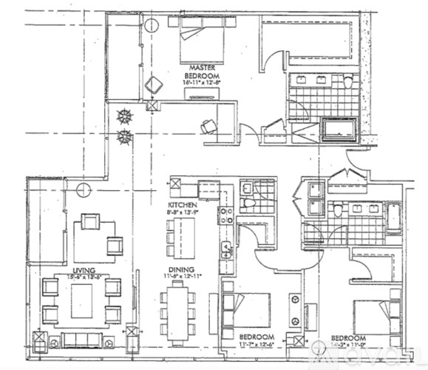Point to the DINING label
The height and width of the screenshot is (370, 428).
coord(181,269)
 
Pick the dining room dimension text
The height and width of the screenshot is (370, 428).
coord(181,277)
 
